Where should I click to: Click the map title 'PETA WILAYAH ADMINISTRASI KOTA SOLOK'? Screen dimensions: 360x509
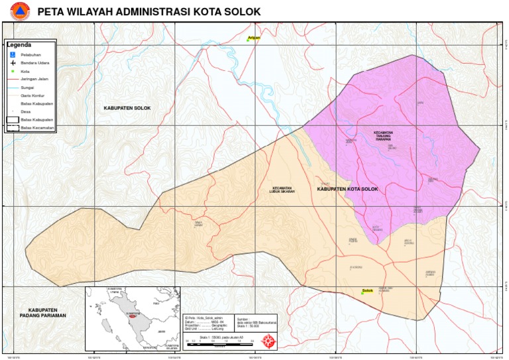point(148,11)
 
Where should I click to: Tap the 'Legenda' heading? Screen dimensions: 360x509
point(19,45)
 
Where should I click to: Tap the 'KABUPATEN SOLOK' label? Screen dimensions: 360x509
point(127,107)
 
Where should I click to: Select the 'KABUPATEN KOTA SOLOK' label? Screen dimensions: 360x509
point(347,190)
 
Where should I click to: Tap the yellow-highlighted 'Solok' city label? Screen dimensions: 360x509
point(368,291)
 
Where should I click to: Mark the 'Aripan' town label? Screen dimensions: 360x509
point(253,38)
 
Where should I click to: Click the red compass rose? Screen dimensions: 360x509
point(270,341)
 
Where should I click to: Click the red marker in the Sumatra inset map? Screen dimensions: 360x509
point(133,317)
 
